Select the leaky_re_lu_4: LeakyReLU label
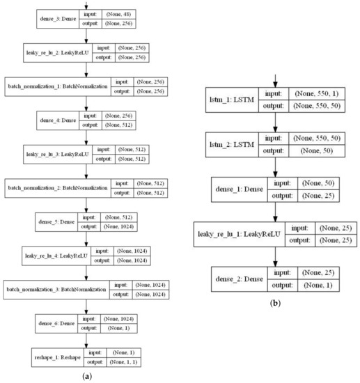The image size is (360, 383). click(54, 254)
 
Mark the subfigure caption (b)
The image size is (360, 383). click(276, 304)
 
